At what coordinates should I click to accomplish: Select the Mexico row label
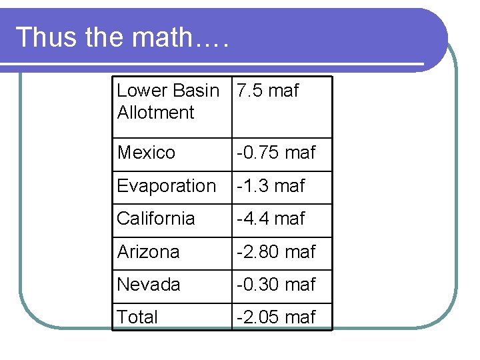point(146,153)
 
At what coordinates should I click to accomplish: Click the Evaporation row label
point(167,186)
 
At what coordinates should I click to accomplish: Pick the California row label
point(156,219)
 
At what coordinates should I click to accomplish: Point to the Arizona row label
point(148,252)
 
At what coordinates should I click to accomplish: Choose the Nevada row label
point(149,285)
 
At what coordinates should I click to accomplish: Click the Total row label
point(137,317)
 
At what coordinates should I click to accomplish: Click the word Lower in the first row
point(142,91)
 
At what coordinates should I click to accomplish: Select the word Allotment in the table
point(155,113)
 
